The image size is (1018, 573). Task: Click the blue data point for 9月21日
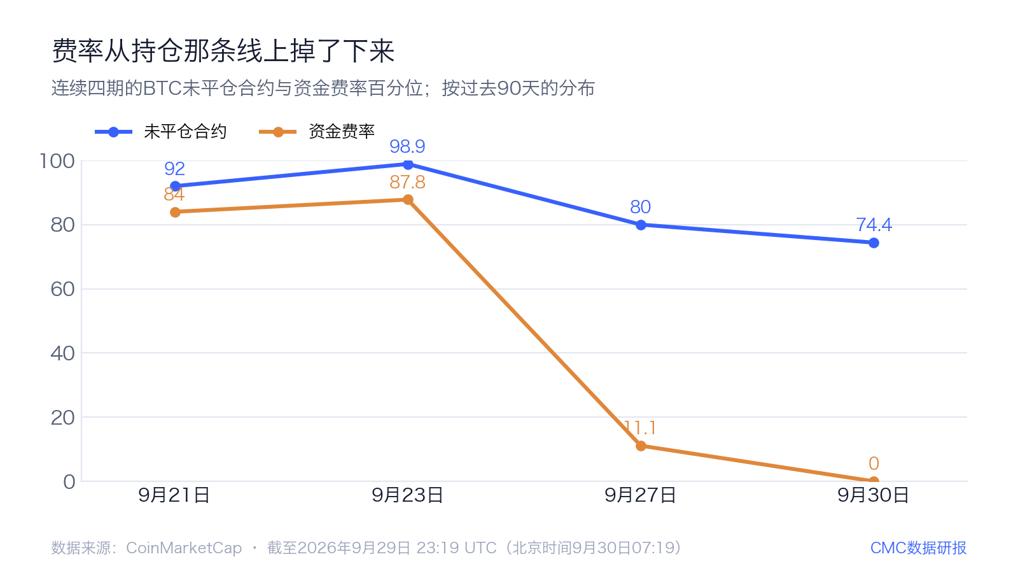(175, 187)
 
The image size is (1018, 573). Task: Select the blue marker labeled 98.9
(408, 164)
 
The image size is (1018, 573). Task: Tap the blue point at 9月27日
(641, 225)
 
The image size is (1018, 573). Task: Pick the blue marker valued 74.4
(874, 243)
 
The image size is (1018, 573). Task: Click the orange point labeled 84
(175, 212)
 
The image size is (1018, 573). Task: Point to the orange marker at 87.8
(408, 200)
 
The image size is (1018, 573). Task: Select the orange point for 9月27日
(641, 446)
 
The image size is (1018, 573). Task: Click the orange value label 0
(874, 463)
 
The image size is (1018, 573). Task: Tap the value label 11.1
(640, 428)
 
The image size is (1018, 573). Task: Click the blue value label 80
(640, 207)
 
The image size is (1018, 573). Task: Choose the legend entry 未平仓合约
(160, 132)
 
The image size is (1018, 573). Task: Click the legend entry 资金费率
(317, 132)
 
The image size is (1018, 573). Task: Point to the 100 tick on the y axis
(57, 161)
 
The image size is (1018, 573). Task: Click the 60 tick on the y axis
(63, 289)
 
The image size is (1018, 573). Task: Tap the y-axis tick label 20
(63, 418)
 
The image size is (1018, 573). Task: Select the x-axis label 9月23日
(407, 495)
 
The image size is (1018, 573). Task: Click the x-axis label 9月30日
(873, 495)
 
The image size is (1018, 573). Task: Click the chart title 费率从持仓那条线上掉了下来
(223, 50)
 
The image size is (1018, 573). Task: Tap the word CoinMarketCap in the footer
(184, 548)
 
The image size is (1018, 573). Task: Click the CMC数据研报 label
(918, 548)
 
